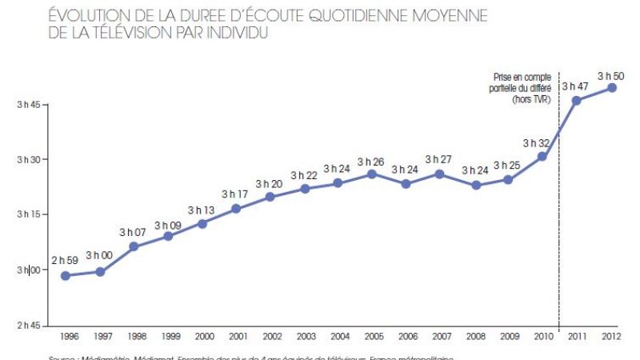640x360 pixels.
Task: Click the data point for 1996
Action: point(66,276)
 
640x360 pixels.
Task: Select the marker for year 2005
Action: point(372,174)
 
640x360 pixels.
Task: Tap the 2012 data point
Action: point(612,87)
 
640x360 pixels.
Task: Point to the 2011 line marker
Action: point(576,100)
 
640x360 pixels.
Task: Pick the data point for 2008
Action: point(475,185)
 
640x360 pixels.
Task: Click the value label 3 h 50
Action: point(611,73)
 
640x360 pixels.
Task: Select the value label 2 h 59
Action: point(66,260)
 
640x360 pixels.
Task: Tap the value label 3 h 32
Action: point(536,143)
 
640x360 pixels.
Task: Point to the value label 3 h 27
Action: point(439,159)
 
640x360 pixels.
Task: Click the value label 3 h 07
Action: point(134,232)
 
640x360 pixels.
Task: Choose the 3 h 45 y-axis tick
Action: point(28,105)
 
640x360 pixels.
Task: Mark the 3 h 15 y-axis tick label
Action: point(28,215)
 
